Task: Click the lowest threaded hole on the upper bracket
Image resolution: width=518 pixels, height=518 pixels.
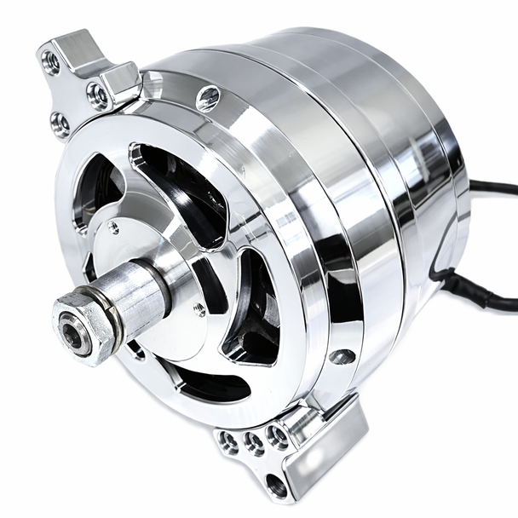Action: click(60, 125)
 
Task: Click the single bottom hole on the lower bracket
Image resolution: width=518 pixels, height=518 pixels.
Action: click(276, 486)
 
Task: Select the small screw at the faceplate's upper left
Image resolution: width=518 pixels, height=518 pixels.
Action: click(112, 227)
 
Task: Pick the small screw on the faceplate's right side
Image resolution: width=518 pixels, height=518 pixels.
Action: click(199, 310)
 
